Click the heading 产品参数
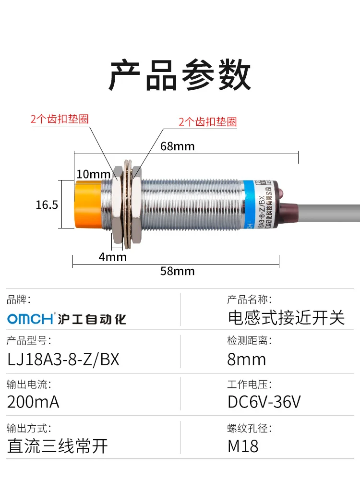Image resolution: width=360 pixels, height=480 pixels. (x=180, y=76)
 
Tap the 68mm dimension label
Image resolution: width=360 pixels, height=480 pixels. (x=177, y=146)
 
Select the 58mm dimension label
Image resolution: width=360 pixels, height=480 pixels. (x=177, y=271)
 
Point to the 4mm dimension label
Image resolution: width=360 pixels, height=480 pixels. (x=112, y=257)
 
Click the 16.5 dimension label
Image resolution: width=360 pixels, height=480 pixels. (x=47, y=205)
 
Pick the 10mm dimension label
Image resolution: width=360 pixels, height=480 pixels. (x=94, y=174)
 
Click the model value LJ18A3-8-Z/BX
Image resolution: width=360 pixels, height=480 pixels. (x=63, y=360)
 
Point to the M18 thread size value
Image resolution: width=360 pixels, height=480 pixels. (x=243, y=446)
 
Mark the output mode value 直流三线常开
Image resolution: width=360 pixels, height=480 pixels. (x=58, y=446)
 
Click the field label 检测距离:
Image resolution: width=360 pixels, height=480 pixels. (x=250, y=341)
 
